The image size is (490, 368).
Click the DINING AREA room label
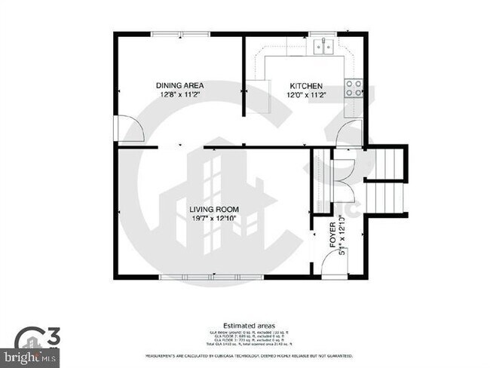tap(180, 85)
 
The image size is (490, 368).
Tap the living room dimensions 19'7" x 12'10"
tap(214, 219)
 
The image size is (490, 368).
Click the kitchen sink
tap(326, 47)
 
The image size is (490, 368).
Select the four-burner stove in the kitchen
tap(353, 88)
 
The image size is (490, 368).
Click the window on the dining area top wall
tap(179, 34)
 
